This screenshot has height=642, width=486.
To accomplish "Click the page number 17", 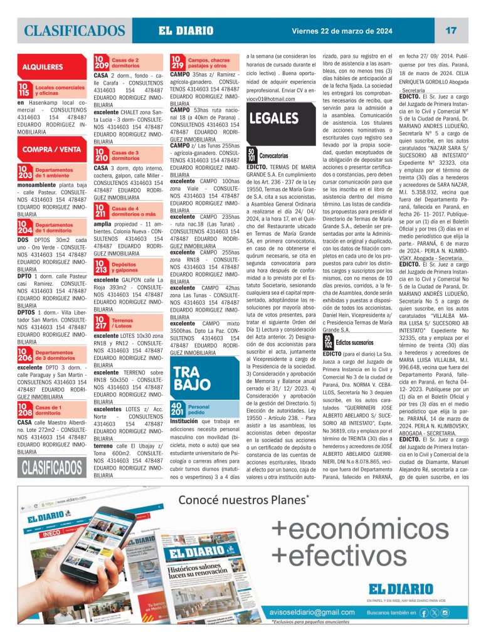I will click(x=451, y=31).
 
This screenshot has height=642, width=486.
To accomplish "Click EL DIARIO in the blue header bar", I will click(x=186, y=31).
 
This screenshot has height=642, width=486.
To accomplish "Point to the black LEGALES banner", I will click(x=274, y=118).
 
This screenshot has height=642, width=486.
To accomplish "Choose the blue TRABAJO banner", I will click(x=186, y=376).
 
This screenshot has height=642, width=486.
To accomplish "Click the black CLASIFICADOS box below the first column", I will click(x=53, y=466).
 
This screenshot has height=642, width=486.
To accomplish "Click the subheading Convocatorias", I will click(x=273, y=154).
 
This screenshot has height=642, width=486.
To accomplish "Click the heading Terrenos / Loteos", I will click(x=122, y=324).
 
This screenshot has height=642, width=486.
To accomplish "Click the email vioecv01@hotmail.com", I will click(x=270, y=99).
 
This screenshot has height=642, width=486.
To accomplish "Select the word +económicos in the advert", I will click(x=360, y=530).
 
